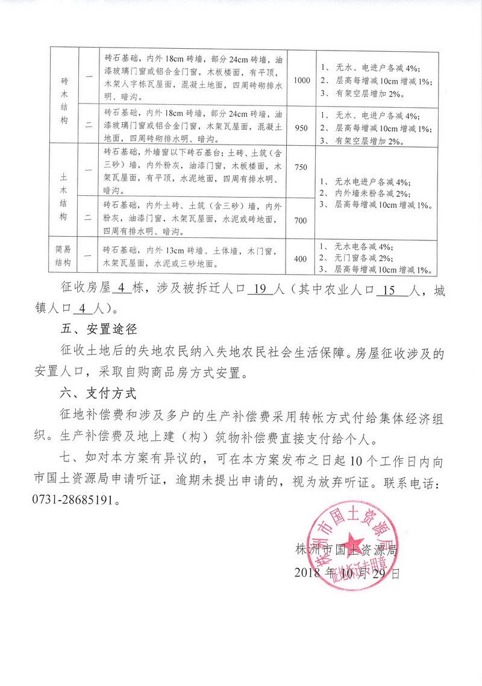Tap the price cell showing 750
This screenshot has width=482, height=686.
301,169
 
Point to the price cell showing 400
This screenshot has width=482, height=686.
301,258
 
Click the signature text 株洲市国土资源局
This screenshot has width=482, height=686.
348,549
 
